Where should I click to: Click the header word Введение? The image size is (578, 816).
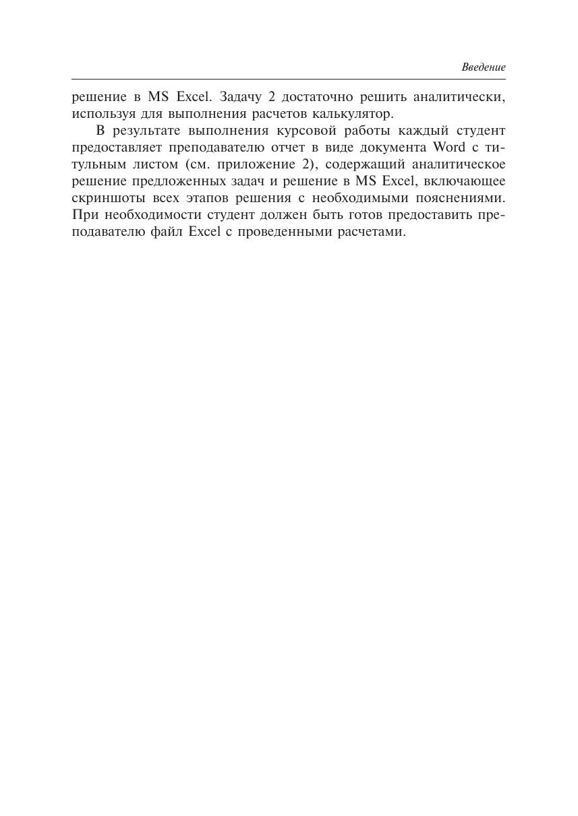(x=483, y=67)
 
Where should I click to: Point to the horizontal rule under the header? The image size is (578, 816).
(x=289, y=80)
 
